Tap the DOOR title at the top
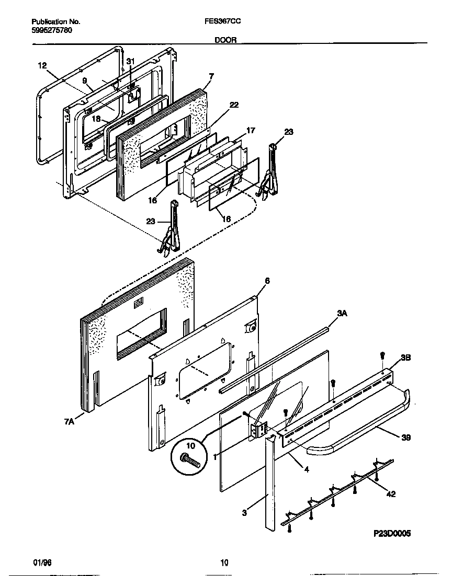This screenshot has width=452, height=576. tap(225, 39)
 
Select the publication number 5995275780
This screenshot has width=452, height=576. tap(52, 30)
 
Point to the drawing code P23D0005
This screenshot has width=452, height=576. tap(392, 534)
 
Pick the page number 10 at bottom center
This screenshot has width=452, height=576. tap(224, 563)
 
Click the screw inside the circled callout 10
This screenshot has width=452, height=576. tap(190, 460)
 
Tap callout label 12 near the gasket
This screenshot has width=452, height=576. tap(42, 65)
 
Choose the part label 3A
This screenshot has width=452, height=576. tap(342, 313)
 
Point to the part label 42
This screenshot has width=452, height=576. tap(390, 493)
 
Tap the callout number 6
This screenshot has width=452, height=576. tap(267, 281)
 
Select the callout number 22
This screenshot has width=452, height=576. tap(234, 105)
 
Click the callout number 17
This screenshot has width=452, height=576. tap(251, 130)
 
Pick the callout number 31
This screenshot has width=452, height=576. tap(130, 61)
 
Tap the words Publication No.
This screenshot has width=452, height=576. tap(55, 22)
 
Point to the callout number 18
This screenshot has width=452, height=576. tap(96, 119)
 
